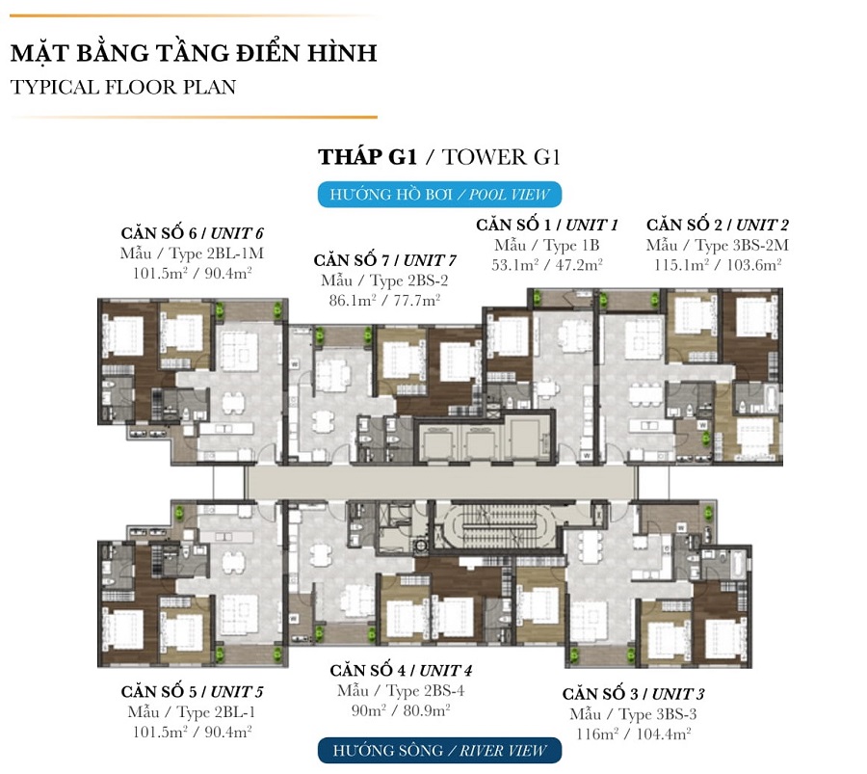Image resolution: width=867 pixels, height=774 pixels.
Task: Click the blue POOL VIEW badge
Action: click(439, 195)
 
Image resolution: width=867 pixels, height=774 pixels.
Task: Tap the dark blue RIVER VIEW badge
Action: click(439, 751)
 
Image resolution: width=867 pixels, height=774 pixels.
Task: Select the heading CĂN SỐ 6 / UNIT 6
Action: click(192, 233)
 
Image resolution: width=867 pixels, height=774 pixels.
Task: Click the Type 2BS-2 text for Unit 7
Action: click(384, 280)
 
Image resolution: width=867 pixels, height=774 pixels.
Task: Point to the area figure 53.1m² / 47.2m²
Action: click(547, 265)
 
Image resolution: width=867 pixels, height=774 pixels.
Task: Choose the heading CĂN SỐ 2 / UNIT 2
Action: click(717, 225)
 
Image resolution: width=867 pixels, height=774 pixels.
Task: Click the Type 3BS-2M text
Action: click(717, 245)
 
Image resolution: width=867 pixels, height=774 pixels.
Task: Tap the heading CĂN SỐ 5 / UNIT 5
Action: click(192, 691)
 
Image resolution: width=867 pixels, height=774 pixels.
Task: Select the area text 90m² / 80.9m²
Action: click(401, 710)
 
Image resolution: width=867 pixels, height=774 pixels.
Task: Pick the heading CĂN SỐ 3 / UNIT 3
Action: click(633, 694)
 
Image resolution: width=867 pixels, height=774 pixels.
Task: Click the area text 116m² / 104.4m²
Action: click(633, 734)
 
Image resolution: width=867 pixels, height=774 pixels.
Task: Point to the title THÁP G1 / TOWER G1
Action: click(439, 157)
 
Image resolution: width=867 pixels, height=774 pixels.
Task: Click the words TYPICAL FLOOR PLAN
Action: click(122, 87)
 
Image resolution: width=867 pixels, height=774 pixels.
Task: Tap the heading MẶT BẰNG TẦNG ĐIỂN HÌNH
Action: click(194, 53)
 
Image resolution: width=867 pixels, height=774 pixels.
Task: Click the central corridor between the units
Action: click(440, 482)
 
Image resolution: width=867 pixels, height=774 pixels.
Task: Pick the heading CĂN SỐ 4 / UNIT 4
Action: click(401, 671)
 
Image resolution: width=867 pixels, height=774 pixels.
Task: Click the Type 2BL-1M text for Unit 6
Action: click(192, 254)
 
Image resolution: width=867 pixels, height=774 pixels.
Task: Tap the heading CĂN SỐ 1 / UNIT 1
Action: click(547, 225)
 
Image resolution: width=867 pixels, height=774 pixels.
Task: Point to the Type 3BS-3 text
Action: click(633, 714)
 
